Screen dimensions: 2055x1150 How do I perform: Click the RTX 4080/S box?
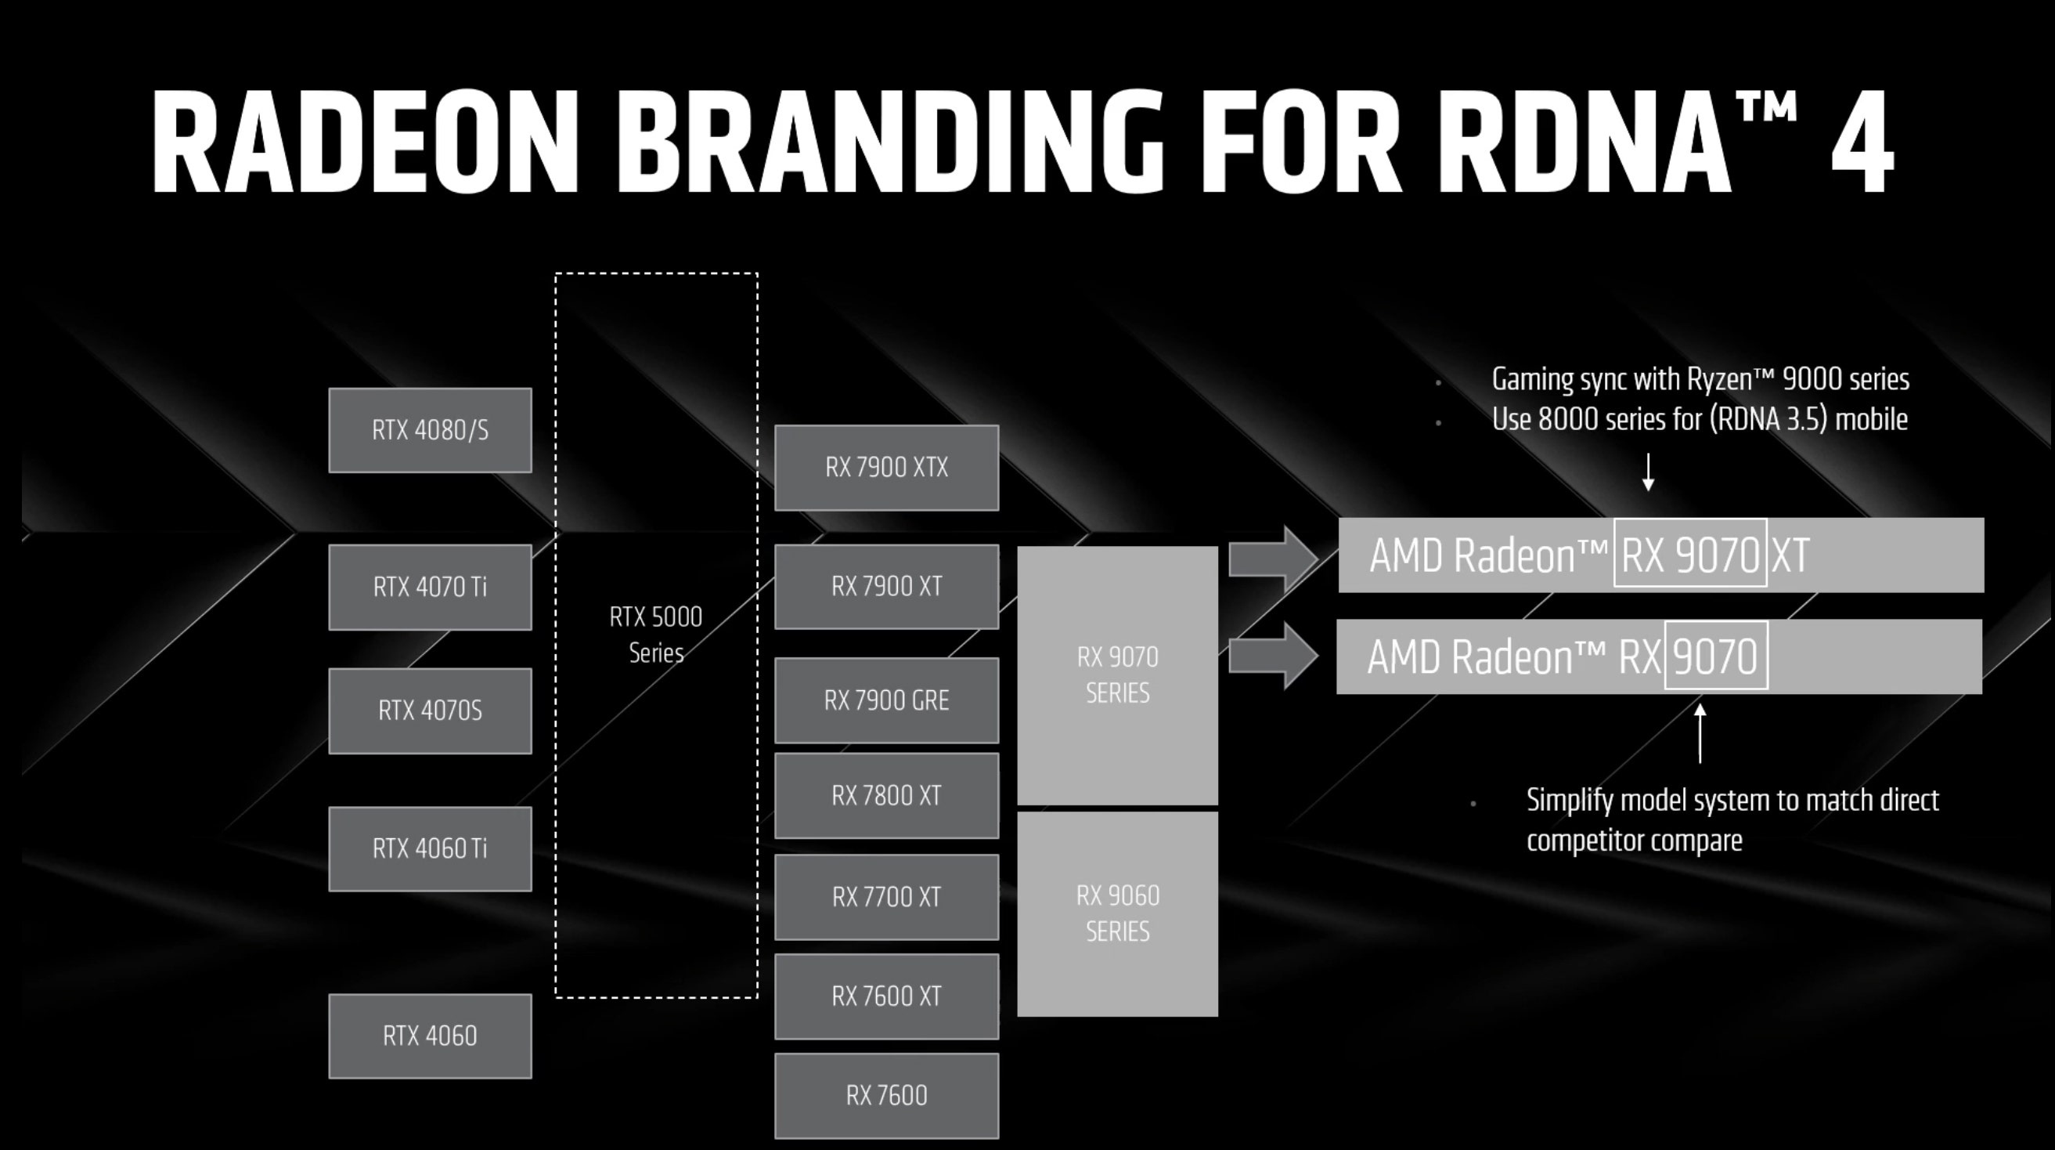(x=430, y=430)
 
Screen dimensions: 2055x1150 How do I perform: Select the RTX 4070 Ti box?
(x=430, y=588)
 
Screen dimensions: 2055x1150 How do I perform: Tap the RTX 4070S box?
(x=430, y=711)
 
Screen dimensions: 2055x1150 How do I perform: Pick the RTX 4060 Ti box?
(x=430, y=849)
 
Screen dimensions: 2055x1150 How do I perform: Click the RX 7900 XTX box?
(x=886, y=468)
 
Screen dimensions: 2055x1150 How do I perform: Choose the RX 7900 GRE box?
(x=886, y=700)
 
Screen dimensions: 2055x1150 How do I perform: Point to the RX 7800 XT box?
(x=886, y=796)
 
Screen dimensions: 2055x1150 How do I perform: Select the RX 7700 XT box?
(x=886, y=897)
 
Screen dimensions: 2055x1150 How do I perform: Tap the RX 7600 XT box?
(x=886, y=996)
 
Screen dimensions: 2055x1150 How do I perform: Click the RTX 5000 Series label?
(x=656, y=635)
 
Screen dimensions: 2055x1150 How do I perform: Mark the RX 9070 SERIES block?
(x=1118, y=675)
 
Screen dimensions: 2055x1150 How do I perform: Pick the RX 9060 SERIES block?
(x=1118, y=914)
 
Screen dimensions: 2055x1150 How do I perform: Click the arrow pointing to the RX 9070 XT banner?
(x=1273, y=559)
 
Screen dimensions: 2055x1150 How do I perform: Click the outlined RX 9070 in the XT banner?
(x=1690, y=553)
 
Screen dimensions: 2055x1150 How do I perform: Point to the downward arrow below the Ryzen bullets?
(x=1648, y=472)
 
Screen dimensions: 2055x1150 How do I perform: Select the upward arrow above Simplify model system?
(x=1700, y=732)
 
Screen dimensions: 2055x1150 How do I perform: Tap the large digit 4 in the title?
(x=1862, y=142)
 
